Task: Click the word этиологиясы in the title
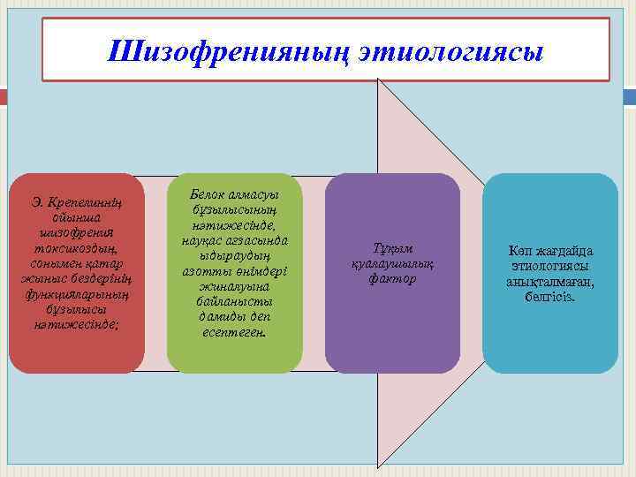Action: (x=451, y=50)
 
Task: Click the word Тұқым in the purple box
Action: (x=392, y=248)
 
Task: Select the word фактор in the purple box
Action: (x=392, y=279)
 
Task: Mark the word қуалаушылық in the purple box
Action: (x=392, y=264)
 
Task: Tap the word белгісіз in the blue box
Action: (x=550, y=297)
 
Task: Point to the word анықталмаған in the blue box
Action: (x=550, y=281)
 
